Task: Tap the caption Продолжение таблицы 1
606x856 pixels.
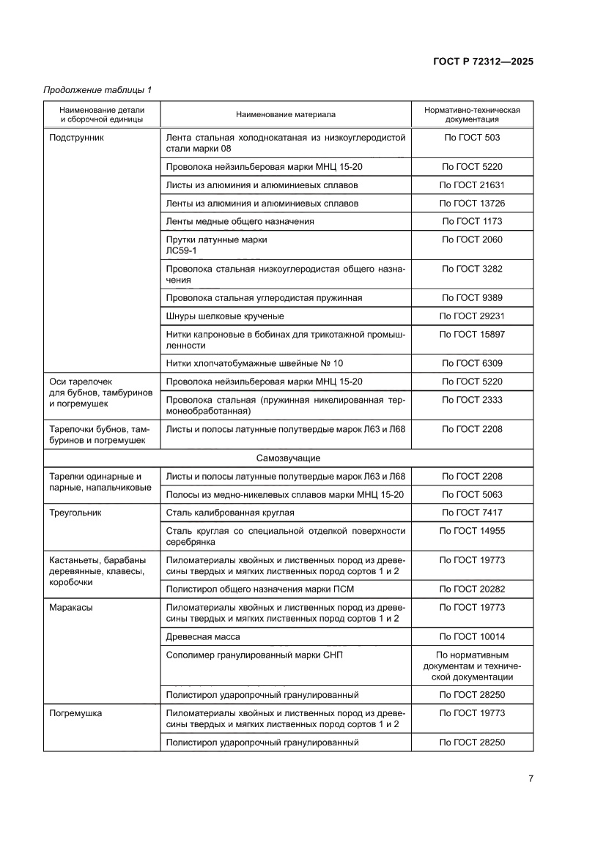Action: [x=97, y=90]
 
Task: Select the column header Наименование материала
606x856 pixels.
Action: [x=285, y=114]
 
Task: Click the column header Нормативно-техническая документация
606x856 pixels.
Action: [x=472, y=114]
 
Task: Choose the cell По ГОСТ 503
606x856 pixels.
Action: [x=472, y=138]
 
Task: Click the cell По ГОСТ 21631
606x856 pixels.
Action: [x=472, y=185]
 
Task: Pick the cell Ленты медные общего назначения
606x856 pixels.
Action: [x=240, y=222]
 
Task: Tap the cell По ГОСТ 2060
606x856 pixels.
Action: [x=472, y=240]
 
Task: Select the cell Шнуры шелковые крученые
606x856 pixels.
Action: [x=225, y=316]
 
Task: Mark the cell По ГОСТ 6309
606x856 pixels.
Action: [x=472, y=363]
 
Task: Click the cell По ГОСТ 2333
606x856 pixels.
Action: [x=472, y=400]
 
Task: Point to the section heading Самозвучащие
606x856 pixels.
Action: [x=288, y=458]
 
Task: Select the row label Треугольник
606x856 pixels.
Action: [x=75, y=513]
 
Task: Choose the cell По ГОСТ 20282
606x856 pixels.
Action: [x=472, y=589]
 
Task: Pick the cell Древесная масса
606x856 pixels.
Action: [x=203, y=636]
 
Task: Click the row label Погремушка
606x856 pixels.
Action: [x=75, y=712]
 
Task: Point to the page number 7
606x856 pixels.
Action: [x=530, y=778]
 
